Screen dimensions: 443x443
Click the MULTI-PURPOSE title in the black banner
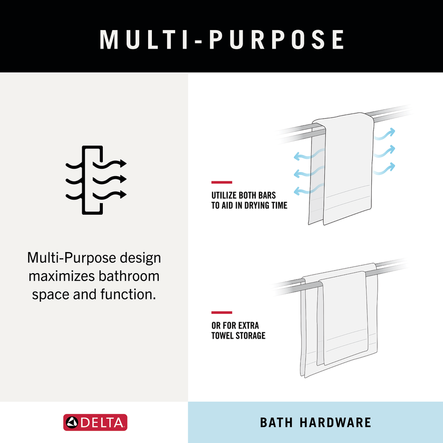click(x=222, y=40)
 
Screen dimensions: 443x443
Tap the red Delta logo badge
click(x=95, y=422)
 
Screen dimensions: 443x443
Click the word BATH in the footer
click(x=276, y=422)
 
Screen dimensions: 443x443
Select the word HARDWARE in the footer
click(x=335, y=422)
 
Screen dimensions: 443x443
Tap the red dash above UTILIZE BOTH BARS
click(x=222, y=182)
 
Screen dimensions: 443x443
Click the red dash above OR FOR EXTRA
click(x=222, y=312)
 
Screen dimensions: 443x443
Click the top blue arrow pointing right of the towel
click(x=385, y=134)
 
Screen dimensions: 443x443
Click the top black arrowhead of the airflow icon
click(x=123, y=163)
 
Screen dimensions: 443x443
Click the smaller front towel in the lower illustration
click(x=343, y=318)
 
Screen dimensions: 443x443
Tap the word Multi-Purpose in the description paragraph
click(x=72, y=258)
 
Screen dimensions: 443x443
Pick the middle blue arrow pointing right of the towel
click(x=385, y=151)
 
